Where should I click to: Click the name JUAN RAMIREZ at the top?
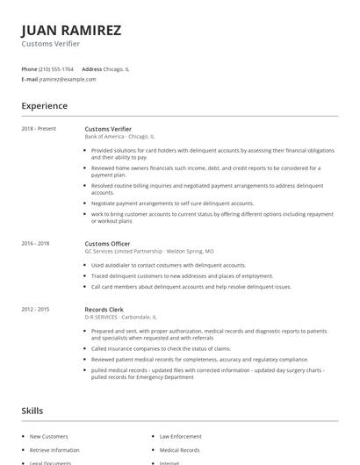point(71,30)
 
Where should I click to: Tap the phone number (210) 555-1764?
point(57,68)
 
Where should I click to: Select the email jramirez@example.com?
point(68,79)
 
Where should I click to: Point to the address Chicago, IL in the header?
point(117,68)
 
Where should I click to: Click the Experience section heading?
point(45,106)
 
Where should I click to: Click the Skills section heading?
point(33,411)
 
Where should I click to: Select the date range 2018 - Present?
point(39,129)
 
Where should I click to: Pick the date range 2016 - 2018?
point(36,243)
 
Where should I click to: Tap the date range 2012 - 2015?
point(36,309)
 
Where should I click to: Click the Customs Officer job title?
point(107,243)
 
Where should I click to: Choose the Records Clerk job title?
point(104,309)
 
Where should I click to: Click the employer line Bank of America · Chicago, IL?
point(119,137)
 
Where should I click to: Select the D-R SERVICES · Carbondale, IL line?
point(121,317)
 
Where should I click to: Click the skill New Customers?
point(47,436)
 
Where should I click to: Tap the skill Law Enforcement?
point(179,436)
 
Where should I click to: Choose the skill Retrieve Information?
point(54,450)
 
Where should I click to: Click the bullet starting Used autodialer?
point(168,265)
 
